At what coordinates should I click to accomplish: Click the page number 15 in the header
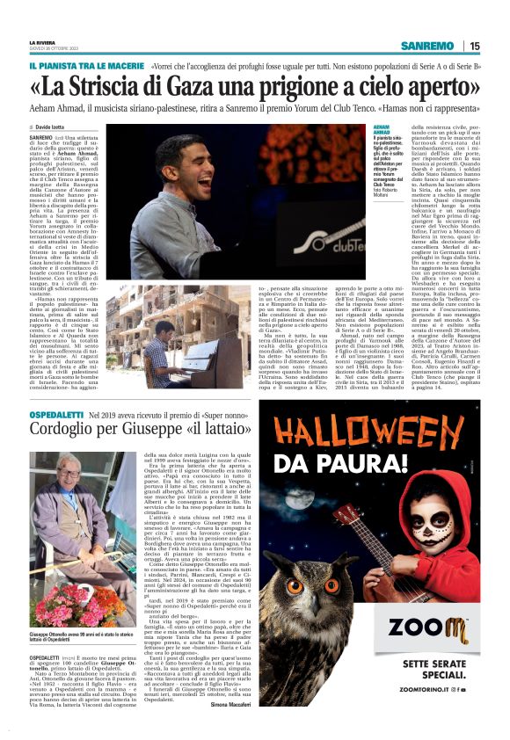click(475, 46)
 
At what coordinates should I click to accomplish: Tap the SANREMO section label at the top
click(426, 46)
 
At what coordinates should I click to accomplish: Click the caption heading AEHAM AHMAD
click(375, 129)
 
